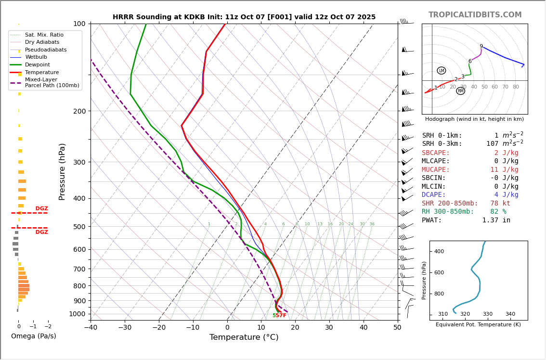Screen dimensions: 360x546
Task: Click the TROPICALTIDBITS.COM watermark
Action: (x=475, y=15)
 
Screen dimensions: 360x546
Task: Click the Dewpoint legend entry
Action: (x=37, y=65)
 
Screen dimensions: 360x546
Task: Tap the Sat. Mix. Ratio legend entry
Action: (x=44, y=35)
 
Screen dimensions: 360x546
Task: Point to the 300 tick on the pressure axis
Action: (x=79, y=162)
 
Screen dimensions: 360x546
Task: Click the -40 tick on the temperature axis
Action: (x=91, y=328)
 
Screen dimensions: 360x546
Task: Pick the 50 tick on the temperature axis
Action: (x=397, y=328)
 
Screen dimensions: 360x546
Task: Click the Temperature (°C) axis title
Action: (x=244, y=337)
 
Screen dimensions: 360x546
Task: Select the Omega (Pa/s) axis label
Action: (x=33, y=336)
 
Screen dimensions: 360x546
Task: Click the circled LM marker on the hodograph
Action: (x=442, y=71)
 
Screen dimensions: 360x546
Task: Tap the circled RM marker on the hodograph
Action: (x=461, y=91)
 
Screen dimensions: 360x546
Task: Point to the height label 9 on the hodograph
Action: (x=481, y=47)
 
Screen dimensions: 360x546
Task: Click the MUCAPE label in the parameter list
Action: (x=436, y=170)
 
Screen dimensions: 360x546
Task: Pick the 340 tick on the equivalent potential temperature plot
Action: (x=510, y=314)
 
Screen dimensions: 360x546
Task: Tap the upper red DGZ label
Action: (x=41, y=209)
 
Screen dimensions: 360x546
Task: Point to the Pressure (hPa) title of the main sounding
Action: (x=62, y=171)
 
